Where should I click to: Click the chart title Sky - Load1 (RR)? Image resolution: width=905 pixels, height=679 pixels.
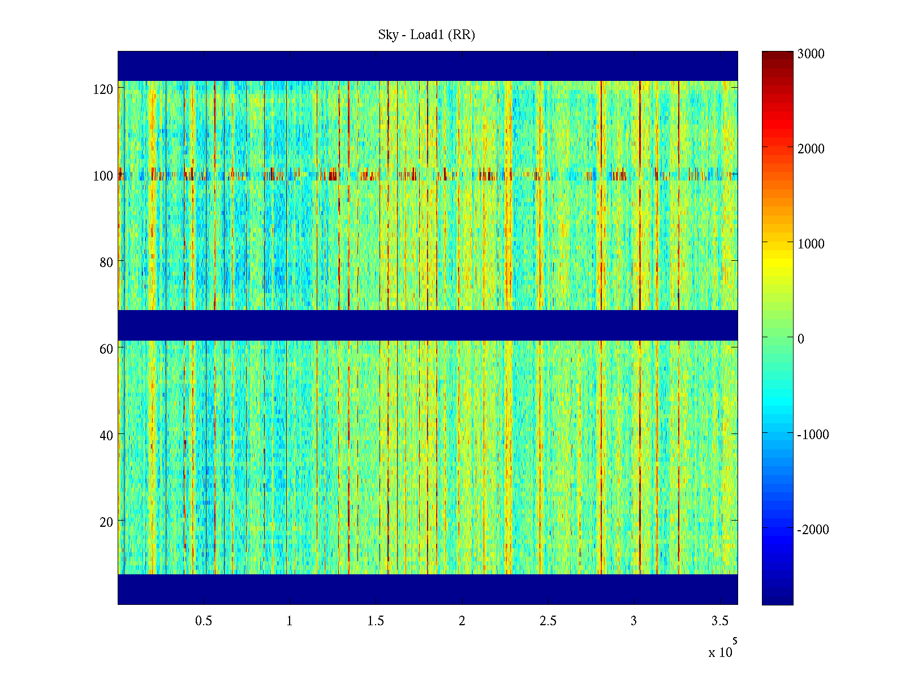(x=426, y=35)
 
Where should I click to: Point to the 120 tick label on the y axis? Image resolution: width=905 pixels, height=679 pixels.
(x=103, y=89)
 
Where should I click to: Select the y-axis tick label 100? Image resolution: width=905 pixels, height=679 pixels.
(x=103, y=176)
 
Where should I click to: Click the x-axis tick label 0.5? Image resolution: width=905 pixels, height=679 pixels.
(x=204, y=621)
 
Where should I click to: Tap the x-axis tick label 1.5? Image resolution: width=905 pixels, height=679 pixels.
(x=376, y=621)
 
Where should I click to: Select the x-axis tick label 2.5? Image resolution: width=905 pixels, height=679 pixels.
(x=548, y=621)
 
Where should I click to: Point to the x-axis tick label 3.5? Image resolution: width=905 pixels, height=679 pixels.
(x=719, y=621)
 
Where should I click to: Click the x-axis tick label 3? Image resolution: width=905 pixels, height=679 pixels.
(x=633, y=621)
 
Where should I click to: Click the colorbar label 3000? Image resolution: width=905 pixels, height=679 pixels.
(x=811, y=54)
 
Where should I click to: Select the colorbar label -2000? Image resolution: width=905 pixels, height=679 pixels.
(x=813, y=530)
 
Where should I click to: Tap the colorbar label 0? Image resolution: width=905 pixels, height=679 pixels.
(x=800, y=339)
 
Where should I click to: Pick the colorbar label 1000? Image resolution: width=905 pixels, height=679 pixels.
(x=811, y=244)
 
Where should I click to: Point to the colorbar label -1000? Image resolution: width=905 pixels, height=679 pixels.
(x=813, y=435)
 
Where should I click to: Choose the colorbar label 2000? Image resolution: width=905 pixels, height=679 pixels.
(x=811, y=149)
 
